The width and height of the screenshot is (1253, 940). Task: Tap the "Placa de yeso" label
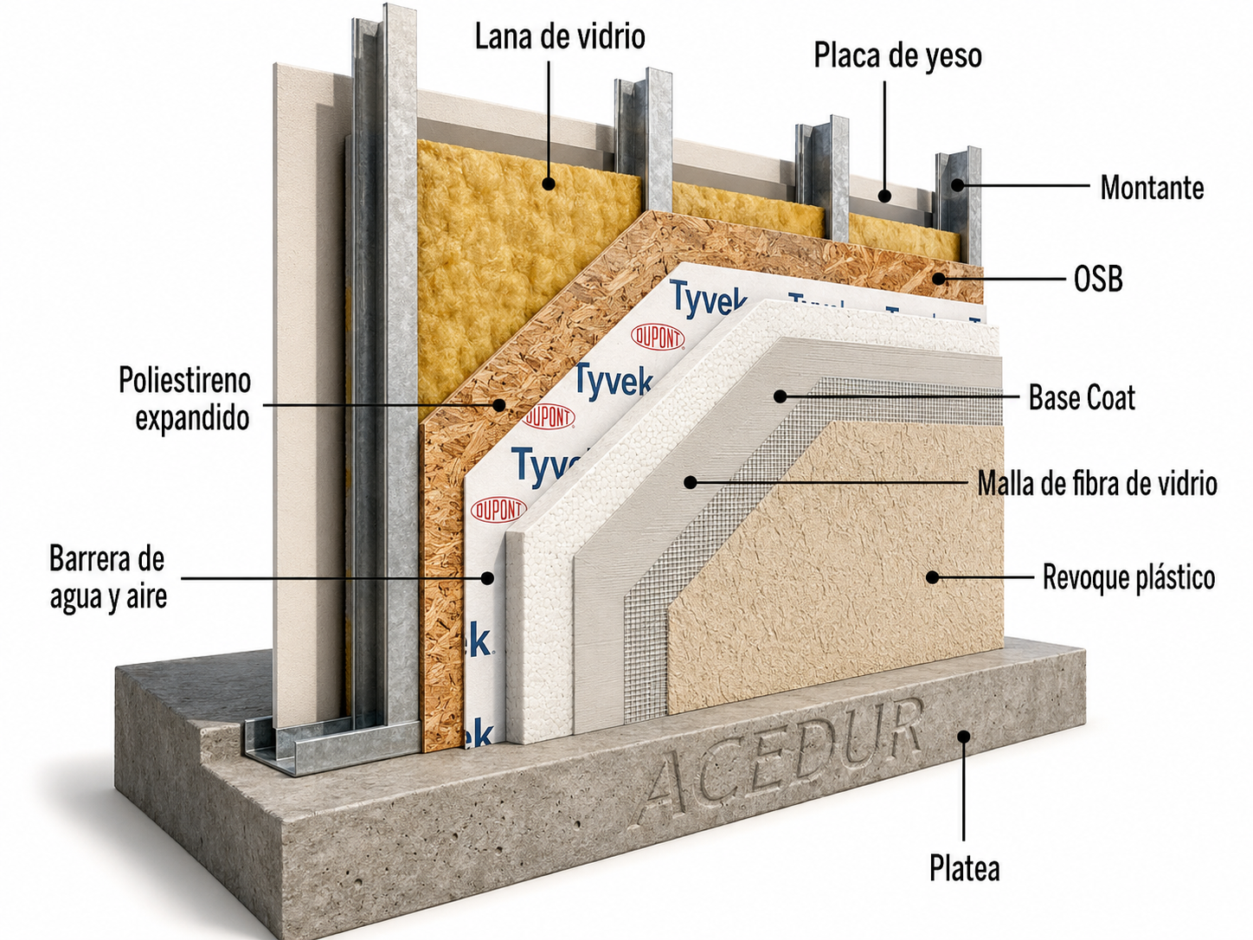897,56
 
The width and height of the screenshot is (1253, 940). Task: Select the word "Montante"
1152,188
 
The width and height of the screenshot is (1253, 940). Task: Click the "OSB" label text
1098,280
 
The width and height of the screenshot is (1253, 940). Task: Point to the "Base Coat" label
1082,398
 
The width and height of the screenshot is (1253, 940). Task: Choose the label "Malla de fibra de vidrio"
1097,484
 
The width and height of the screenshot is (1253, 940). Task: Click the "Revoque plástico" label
1128,577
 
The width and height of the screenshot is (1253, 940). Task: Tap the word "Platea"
964,868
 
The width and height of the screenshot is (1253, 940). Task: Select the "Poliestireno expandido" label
184,399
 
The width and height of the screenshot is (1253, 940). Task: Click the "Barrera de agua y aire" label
108,577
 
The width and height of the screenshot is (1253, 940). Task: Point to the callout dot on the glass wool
549,183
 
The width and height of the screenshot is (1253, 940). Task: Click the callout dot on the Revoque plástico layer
932,577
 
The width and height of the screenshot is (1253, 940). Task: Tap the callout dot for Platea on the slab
964,737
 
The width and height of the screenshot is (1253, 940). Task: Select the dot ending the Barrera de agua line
487,578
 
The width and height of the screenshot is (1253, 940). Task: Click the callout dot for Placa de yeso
885,196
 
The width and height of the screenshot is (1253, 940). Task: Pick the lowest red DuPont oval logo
498,510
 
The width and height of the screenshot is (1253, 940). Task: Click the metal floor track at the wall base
331,744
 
